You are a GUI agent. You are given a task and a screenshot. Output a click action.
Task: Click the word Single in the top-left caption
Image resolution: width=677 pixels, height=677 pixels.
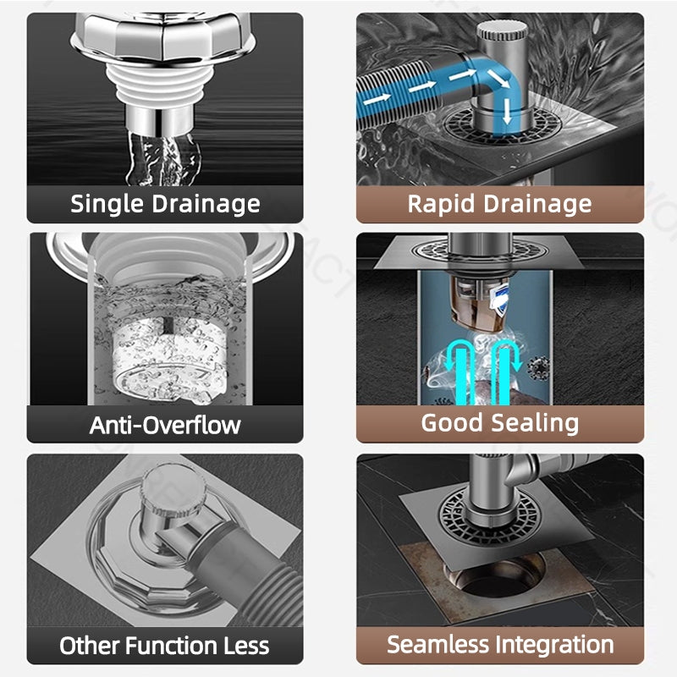click(107, 204)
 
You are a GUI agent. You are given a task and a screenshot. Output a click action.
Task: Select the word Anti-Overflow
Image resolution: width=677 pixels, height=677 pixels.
click(165, 426)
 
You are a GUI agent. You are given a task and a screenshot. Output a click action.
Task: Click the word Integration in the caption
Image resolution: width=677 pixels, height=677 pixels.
click(554, 645)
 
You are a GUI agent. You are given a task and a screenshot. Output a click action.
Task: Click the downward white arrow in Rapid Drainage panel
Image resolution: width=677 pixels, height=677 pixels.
click(507, 112)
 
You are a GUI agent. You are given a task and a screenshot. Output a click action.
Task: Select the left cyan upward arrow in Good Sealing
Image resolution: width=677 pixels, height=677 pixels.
click(459, 372)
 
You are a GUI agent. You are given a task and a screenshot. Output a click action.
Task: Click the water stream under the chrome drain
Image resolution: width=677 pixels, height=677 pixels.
click(163, 158)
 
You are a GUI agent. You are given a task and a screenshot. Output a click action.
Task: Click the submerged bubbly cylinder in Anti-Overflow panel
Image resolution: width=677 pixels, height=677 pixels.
click(169, 359)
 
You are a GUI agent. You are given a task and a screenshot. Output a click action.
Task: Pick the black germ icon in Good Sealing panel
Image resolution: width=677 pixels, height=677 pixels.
click(538, 368)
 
